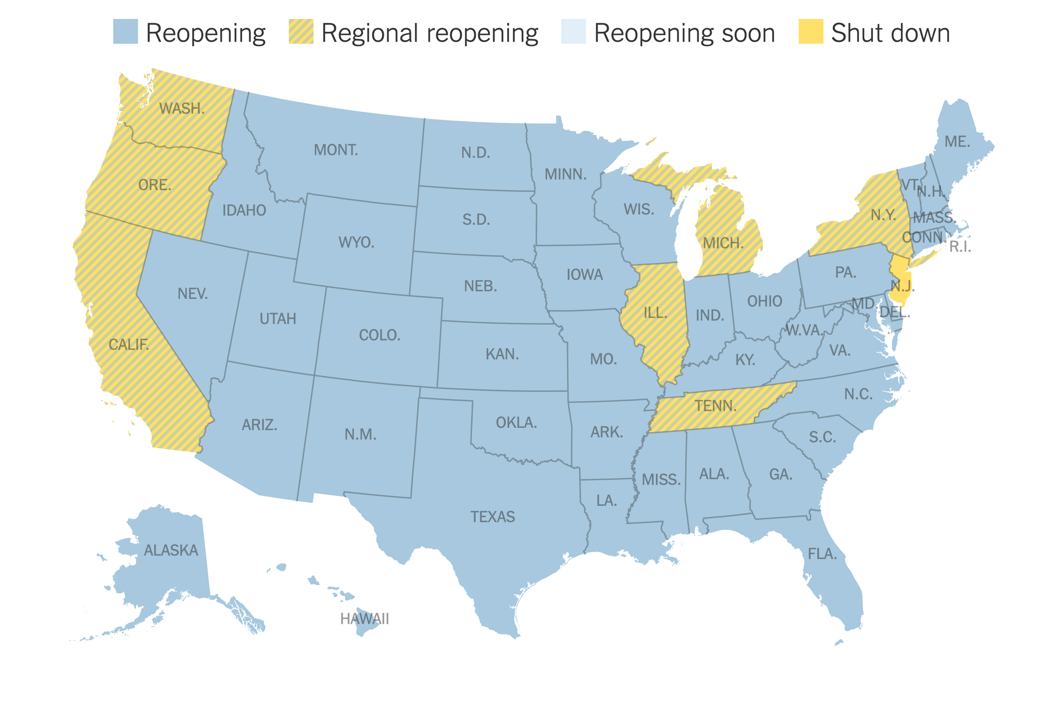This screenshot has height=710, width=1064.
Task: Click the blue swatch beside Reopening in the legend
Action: (125, 32)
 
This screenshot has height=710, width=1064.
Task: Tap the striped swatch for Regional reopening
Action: (301, 32)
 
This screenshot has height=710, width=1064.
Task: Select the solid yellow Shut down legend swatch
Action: (810, 32)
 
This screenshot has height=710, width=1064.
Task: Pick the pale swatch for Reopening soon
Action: (573, 32)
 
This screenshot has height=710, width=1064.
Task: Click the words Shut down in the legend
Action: (890, 33)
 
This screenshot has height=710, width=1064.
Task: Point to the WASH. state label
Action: (182, 109)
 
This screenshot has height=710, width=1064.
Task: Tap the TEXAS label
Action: (493, 517)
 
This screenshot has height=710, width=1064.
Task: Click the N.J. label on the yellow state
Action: (902, 286)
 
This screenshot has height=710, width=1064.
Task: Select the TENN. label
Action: (716, 406)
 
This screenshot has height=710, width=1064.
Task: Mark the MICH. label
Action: (723, 243)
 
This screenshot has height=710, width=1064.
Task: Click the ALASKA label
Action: (171, 550)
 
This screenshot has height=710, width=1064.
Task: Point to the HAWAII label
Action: (364, 619)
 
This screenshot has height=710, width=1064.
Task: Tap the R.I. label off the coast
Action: (960, 247)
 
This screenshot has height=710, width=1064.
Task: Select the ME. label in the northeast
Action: (957, 141)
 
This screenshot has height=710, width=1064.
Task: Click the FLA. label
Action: (822, 554)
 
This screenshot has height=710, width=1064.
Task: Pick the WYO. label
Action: (356, 242)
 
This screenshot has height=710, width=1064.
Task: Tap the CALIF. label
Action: (129, 345)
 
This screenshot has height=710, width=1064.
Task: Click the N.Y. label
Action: (883, 215)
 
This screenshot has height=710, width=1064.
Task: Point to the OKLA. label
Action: (516, 423)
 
